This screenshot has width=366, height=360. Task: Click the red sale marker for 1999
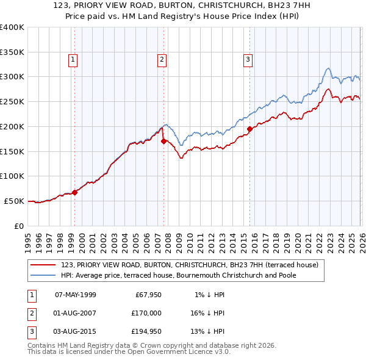click(x=75, y=192)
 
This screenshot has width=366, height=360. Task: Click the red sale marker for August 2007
click(x=163, y=141)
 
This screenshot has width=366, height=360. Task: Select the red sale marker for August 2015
click(x=249, y=129)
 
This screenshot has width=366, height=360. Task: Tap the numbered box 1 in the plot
click(x=73, y=59)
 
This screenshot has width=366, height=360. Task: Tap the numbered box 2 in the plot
click(x=162, y=59)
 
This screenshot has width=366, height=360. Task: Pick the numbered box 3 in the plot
click(x=248, y=59)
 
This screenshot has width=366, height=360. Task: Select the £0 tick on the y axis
click(x=18, y=226)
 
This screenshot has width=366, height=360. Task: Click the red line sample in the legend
click(x=43, y=265)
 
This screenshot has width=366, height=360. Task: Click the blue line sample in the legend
click(x=43, y=275)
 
